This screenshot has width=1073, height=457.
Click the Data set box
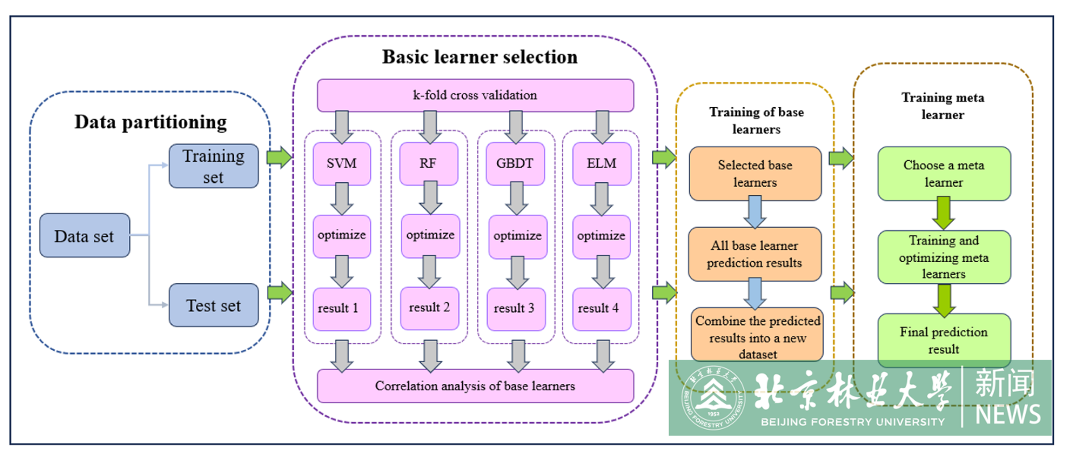point(84,235)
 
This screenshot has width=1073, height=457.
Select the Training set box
point(213,166)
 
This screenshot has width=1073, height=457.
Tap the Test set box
point(213,305)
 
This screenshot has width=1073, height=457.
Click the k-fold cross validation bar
point(475,95)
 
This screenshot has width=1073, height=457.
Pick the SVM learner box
point(342,164)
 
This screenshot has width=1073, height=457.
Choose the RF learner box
point(428,164)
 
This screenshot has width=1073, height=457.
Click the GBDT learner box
point(515,164)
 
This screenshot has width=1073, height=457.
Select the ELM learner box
point(602,164)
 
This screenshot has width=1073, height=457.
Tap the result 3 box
point(515,308)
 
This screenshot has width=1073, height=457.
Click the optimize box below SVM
point(342,235)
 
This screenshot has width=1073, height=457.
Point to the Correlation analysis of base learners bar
point(475,386)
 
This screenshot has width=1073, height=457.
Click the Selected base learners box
point(755,174)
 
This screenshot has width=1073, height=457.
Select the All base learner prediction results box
point(755,254)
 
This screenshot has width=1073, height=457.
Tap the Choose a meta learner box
point(944,174)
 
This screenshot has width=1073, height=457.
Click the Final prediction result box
point(944,340)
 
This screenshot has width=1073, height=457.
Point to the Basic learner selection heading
point(480,57)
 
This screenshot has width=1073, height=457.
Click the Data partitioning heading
point(150,122)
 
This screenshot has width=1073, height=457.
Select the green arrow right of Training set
point(279,157)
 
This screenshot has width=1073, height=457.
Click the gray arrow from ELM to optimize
point(602,199)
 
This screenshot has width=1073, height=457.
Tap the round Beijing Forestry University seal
point(714,398)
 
